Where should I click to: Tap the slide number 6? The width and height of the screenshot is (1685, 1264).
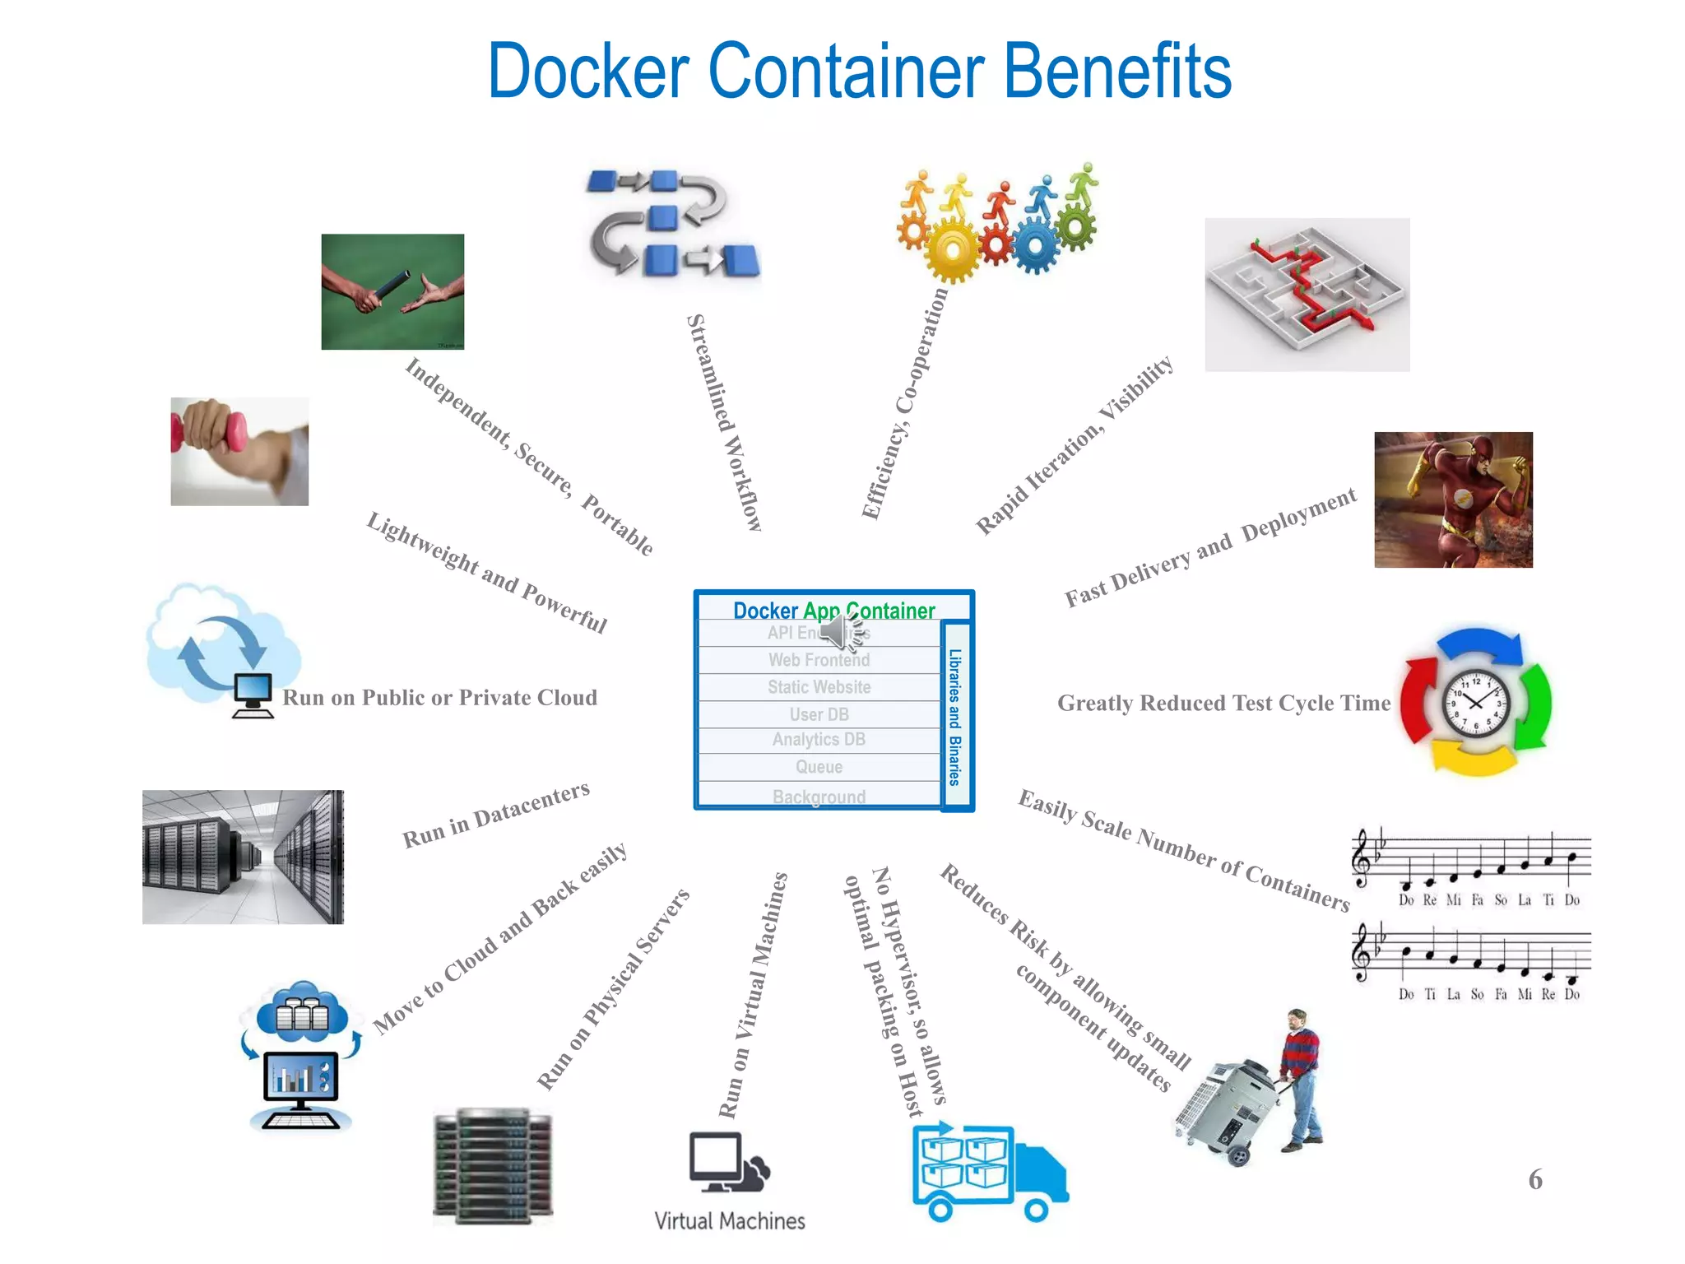pos(1535,1179)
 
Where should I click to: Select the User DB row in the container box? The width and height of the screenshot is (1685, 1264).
pos(819,714)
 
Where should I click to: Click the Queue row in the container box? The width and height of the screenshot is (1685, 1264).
pos(819,767)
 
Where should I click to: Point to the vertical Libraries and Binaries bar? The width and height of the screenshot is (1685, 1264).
pos(955,717)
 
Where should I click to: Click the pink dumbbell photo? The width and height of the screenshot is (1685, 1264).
pos(239,451)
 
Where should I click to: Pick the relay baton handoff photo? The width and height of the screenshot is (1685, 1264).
pos(392,291)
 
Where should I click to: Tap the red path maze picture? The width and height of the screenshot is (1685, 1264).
pos(1307,294)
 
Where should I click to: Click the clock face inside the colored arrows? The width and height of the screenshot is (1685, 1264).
pos(1476,703)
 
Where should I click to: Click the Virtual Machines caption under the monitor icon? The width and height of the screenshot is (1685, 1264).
pos(729,1221)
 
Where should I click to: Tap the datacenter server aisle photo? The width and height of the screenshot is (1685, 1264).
pos(243,857)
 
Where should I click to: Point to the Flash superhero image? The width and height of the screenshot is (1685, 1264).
pos(1453,500)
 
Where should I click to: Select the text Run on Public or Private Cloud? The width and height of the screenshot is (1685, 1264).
pos(439,698)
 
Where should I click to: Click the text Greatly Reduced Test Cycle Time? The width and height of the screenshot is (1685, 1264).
pos(1223,704)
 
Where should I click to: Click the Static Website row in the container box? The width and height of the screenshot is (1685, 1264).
pos(819,687)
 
